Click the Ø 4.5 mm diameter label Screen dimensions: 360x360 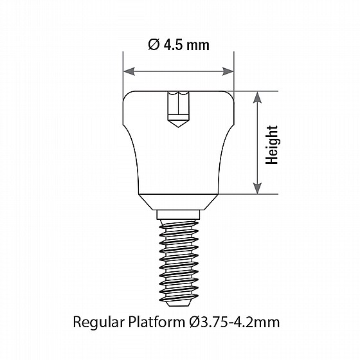(179, 45)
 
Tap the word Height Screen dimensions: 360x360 (272, 145)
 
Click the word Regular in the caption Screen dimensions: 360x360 (99, 322)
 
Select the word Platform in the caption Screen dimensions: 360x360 (157, 321)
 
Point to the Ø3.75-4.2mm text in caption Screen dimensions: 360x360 (235, 322)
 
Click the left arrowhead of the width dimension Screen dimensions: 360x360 (129, 71)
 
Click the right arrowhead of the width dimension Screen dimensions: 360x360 (228, 71)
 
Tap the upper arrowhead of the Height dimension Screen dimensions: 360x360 (257, 97)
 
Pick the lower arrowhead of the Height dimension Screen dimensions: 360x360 (257, 188)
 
